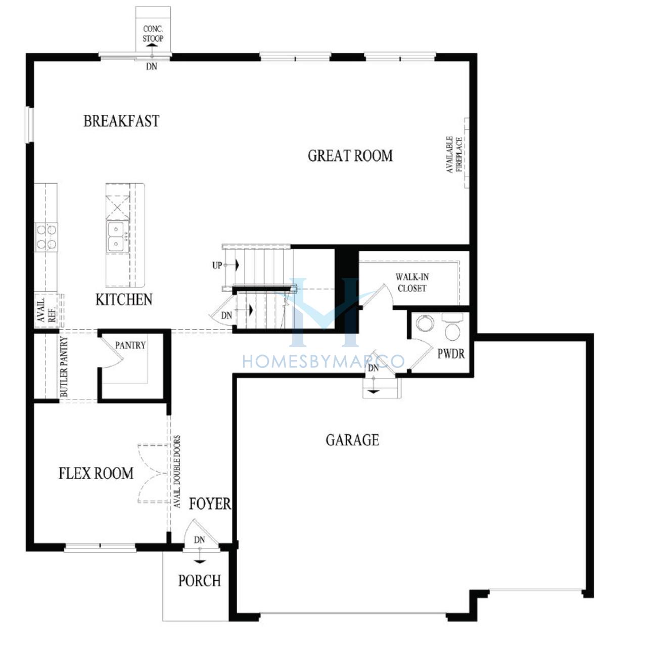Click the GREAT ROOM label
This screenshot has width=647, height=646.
pyautogui.click(x=350, y=156)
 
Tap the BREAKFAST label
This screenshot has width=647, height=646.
pyautogui.click(x=121, y=121)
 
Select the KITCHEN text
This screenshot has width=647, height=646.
pyautogui.click(x=124, y=300)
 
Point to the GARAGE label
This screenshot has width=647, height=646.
pyautogui.click(x=352, y=440)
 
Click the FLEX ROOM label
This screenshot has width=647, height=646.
pyautogui.click(x=96, y=474)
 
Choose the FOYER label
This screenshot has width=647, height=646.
pyautogui.click(x=210, y=503)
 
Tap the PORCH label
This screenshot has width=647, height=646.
pyautogui.click(x=200, y=580)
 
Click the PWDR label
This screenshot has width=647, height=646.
pyautogui.click(x=451, y=353)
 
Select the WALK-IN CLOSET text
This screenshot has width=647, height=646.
pyautogui.click(x=412, y=283)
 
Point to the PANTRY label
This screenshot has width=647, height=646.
pyautogui.click(x=130, y=345)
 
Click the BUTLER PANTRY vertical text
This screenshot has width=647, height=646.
pyautogui.click(x=64, y=366)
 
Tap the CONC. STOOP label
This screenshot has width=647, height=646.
pyautogui.click(x=153, y=33)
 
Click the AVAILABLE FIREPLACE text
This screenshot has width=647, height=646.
pyautogui.click(x=454, y=155)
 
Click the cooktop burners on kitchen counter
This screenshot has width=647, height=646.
pyautogui.click(x=47, y=237)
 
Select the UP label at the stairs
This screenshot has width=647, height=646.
pyautogui.click(x=217, y=265)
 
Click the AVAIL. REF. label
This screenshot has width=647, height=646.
pyautogui.click(x=47, y=311)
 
